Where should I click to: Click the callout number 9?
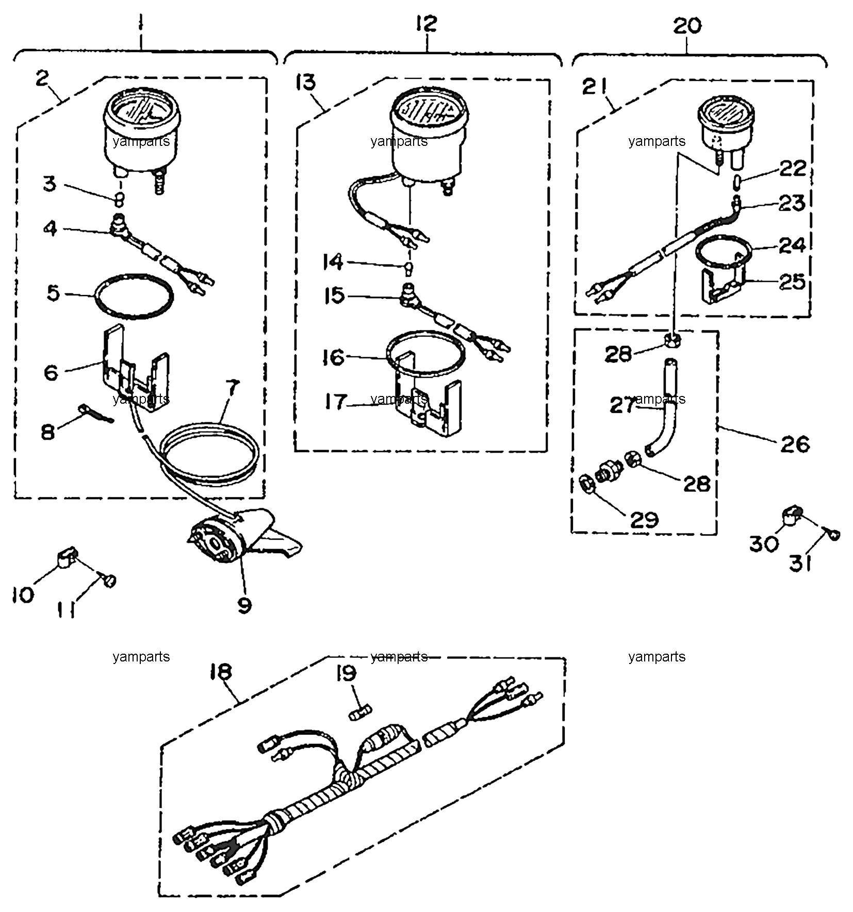pyautogui.click(x=244, y=605)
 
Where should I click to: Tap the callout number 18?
pyautogui.click(x=221, y=672)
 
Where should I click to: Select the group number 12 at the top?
pyautogui.click(x=426, y=24)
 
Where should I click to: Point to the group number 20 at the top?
pyautogui.click(x=687, y=25)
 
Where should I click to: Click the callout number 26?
pyautogui.click(x=795, y=444)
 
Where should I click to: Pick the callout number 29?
pyautogui.click(x=644, y=520)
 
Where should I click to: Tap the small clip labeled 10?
pyautogui.click(x=65, y=556)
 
